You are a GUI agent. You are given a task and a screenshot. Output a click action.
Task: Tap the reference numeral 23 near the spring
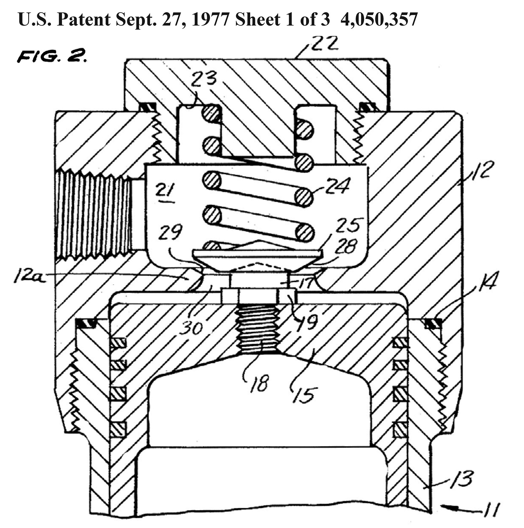click(x=203, y=79)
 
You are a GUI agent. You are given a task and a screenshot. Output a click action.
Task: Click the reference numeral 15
click(x=304, y=394)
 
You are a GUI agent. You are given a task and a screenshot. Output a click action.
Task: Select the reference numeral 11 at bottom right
click(x=492, y=509)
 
